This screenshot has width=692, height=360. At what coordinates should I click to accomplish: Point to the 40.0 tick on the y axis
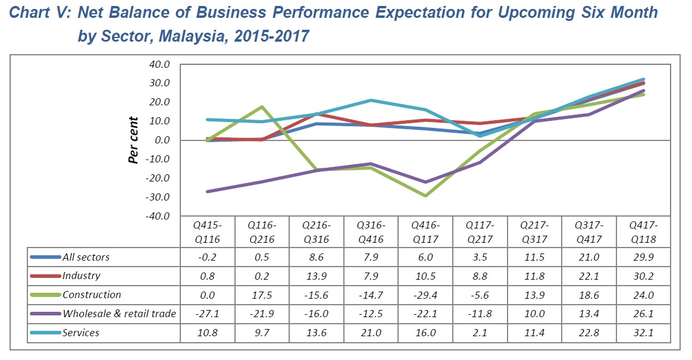(159, 64)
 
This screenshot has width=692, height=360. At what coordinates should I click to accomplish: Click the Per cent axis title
(134, 140)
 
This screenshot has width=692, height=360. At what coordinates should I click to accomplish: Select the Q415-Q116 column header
(207, 233)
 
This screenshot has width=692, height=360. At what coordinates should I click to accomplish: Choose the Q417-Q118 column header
(643, 233)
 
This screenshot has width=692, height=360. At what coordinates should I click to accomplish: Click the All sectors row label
(86, 257)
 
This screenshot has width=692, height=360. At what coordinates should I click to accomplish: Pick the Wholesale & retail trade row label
(119, 314)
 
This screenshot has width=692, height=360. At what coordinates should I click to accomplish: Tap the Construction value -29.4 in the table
(425, 295)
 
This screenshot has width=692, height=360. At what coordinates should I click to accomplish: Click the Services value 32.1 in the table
(643, 333)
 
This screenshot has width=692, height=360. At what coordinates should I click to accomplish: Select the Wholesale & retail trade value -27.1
(207, 314)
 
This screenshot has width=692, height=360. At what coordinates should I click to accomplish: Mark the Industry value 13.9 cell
(317, 276)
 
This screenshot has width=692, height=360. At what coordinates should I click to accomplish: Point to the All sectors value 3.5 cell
(480, 257)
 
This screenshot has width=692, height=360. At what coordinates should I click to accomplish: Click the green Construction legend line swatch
(46, 295)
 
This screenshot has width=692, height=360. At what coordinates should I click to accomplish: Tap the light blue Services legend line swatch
(46, 333)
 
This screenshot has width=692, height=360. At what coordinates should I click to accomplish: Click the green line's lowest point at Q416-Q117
(425, 196)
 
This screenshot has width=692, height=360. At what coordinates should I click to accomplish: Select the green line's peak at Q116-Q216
(262, 107)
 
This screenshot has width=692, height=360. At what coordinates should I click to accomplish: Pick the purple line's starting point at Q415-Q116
(207, 192)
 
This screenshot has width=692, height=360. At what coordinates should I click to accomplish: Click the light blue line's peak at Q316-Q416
(371, 101)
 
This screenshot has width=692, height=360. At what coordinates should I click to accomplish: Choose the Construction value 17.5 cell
(262, 295)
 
